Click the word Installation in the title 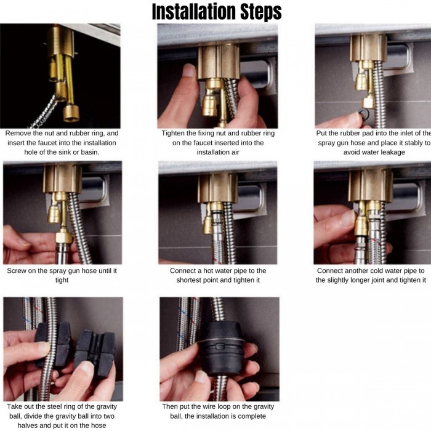click(195, 12)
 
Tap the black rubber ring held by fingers click(364, 113)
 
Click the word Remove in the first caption click(18, 134)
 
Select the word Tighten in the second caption click(173, 134)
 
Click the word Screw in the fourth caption click(17, 271)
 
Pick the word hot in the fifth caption click(208, 271)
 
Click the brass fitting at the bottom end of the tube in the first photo click(71, 113)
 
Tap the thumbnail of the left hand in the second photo click(189, 71)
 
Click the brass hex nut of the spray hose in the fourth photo click(64, 236)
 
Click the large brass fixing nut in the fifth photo click(218, 188)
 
